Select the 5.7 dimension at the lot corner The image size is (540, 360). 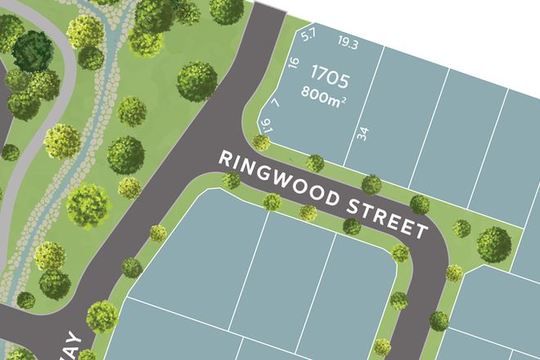tap(308, 35)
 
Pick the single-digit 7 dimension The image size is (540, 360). tap(276, 103)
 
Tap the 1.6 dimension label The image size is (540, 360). tap(264, 124)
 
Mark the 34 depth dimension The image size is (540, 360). tap(363, 133)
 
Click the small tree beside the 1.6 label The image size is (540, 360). tap(261, 142)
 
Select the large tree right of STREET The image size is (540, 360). tap(493, 243)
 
